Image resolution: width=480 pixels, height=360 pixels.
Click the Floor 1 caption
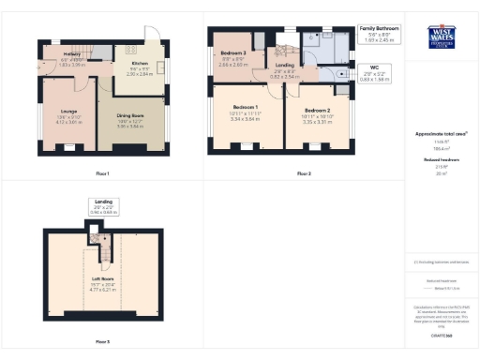coord(102,173)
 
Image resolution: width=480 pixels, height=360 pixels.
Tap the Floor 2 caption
coord(302,173)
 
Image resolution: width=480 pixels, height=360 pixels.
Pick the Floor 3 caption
coord(102,341)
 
